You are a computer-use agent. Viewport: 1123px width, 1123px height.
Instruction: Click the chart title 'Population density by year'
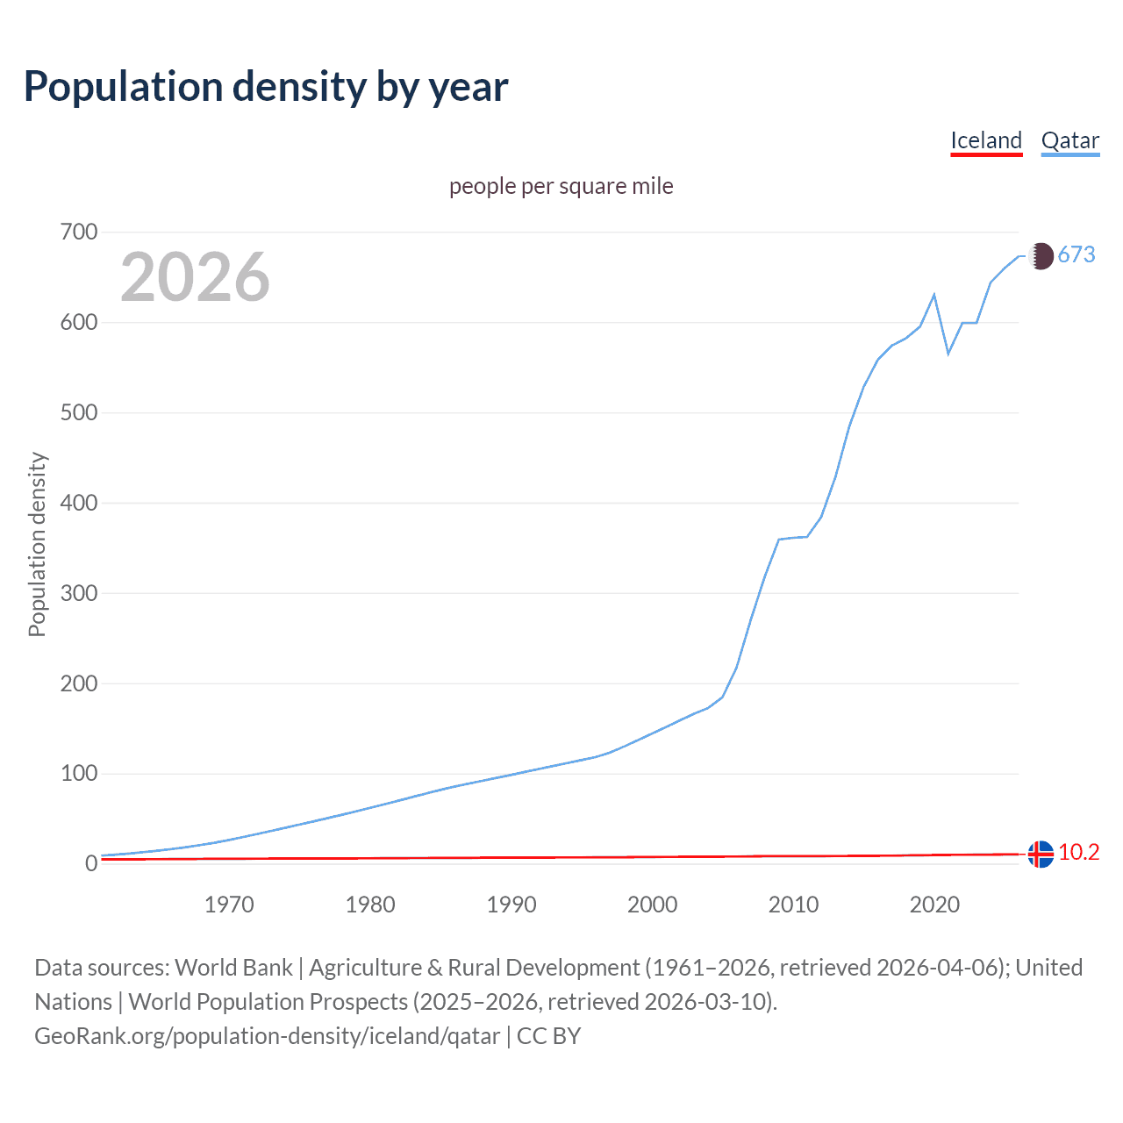click(x=266, y=86)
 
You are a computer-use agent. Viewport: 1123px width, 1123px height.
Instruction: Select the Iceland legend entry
click(x=986, y=140)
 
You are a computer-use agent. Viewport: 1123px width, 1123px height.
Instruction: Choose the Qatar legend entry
click(x=1069, y=140)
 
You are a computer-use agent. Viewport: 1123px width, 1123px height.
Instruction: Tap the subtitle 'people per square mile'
click(x=561, y=186)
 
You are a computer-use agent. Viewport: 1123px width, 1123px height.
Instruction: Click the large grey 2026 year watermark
click(x=195, y=277)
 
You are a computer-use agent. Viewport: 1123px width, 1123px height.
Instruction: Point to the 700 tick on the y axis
click(x=78, y=232)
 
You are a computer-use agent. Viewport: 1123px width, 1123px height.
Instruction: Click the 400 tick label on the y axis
click(x=78, y=504)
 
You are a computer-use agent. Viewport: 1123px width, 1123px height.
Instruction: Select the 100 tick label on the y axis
click(x=78, y=774)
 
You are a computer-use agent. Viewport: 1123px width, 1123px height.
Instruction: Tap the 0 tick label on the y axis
click(x=90, y=864)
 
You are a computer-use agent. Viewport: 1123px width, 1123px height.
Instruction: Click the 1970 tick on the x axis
click(x=229, y=905)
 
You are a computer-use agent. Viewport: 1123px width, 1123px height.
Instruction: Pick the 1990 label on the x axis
click(x=511, y=905)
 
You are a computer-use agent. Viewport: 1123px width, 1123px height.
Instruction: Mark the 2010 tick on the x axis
click(x=793, y=905)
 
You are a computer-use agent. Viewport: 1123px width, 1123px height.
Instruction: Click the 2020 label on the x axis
click(x=934, y=905)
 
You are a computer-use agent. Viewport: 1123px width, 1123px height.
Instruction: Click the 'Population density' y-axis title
click(x=37, y=544)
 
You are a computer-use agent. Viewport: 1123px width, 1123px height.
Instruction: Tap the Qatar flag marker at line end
click(x=1041, y=255)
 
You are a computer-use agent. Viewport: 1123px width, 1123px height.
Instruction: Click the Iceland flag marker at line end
click(x=1041, y=854)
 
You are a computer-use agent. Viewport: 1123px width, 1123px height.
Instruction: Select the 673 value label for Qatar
click(x=1077, y=254)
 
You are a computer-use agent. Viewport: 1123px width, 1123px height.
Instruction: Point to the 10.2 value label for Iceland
click(x=1078, y=853)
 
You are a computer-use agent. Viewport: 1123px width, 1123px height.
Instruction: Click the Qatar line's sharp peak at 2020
click(x=934, y=295)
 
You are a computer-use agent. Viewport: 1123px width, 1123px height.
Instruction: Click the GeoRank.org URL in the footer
click(x=267, y=1036)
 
